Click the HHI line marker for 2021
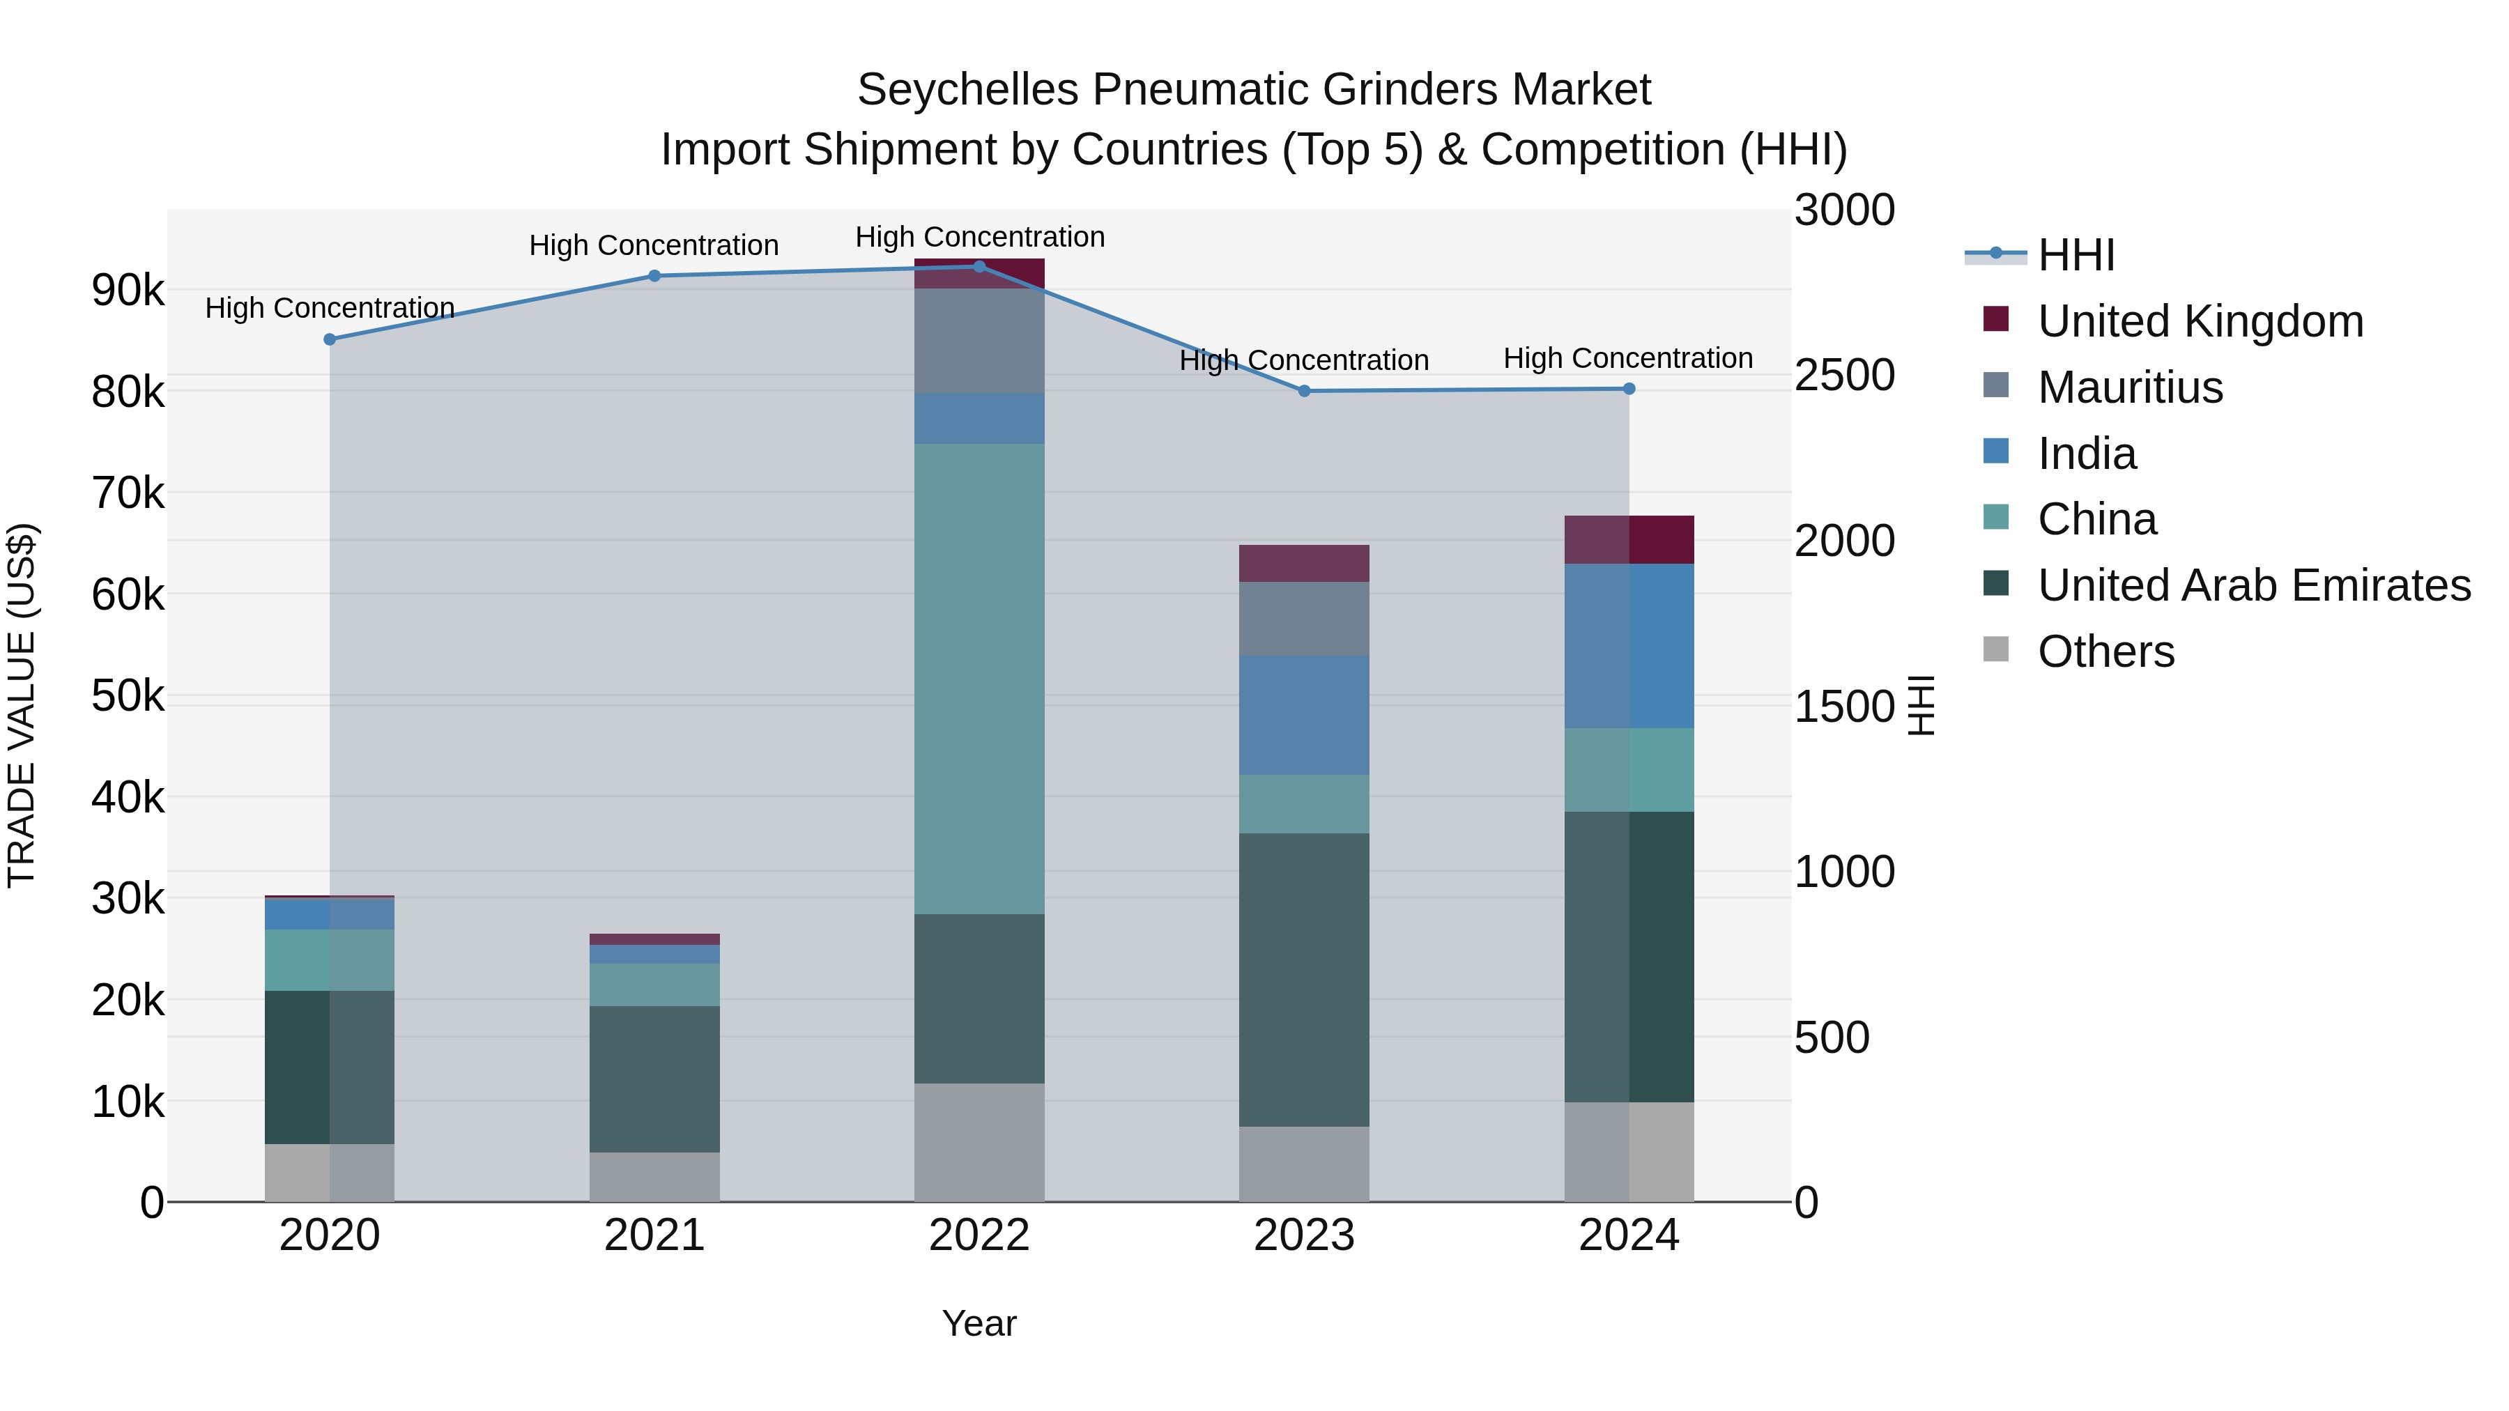tap(654, 275)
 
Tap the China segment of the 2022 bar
tap(979, 679)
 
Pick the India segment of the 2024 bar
tap(1629, 646)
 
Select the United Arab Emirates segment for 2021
tap(654, 1079)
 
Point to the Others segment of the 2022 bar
tap(979, 1142)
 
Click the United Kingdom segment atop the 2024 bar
tap(1629, 539)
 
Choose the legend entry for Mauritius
tap(2129, 387)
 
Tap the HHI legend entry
tap(2075, 255)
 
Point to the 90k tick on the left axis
tap(128, 290)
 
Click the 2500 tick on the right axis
tap(1843, 376)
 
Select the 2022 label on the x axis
tap(979, 1235)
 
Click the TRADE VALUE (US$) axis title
tap(22, 705)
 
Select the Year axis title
tap(979, 1323)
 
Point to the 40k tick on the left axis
tap(128, 798)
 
